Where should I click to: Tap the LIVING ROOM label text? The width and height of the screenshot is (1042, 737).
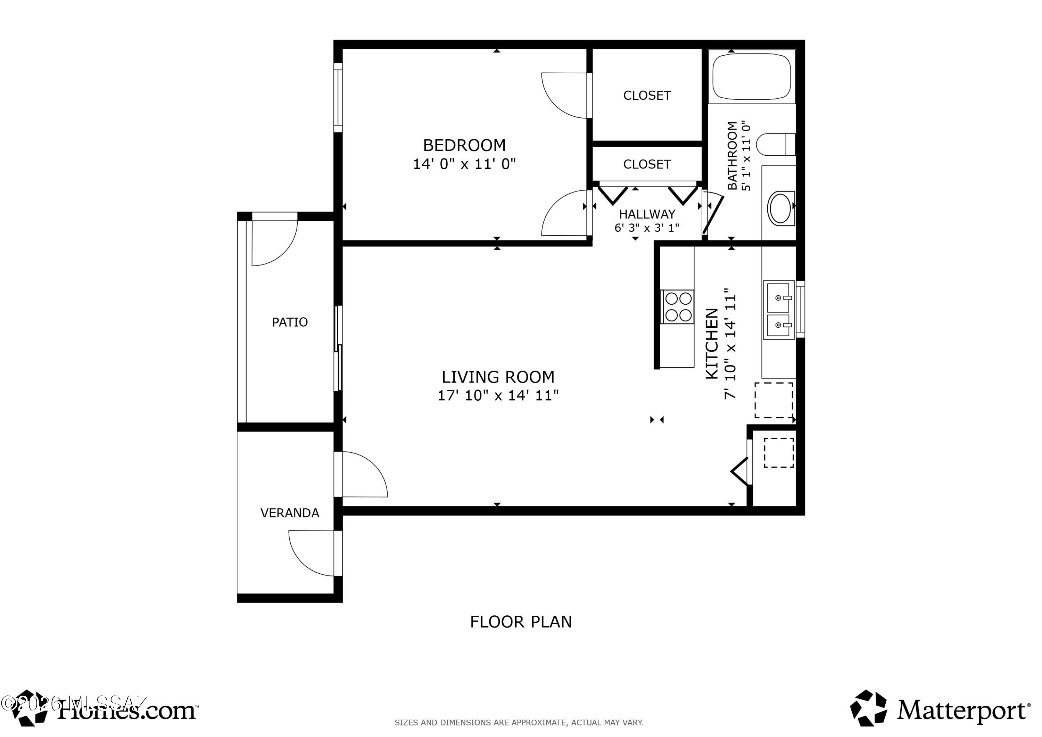[x=497, y=377]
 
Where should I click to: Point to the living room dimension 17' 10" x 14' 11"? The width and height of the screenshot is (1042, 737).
[x=497, y=395]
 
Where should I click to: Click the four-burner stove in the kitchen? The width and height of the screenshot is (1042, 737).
[x=678, y=307]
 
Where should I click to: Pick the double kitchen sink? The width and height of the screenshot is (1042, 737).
[x=778, y=310]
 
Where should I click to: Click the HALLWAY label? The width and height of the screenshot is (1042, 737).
[x=647, y=214]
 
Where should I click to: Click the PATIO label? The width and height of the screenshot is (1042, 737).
[x=290, y=322]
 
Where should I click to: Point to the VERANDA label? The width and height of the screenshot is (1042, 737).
[x=290, y=513]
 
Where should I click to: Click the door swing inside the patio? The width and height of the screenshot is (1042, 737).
[x=272, y=243]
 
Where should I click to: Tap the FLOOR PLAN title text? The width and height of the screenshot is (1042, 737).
[x=521, y=622]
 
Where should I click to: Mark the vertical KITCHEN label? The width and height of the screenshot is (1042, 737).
[x=712, y=343]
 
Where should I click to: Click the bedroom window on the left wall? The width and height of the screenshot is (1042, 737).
[x=338, y=98]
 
